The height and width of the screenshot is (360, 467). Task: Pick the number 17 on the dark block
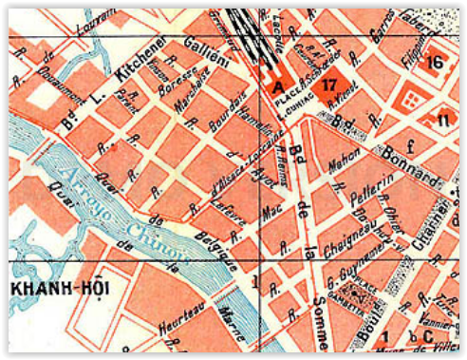(x=329, y=85)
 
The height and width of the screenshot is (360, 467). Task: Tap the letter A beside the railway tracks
(x=278, y=86)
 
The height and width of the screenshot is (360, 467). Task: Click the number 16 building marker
(x=436, y=62)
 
